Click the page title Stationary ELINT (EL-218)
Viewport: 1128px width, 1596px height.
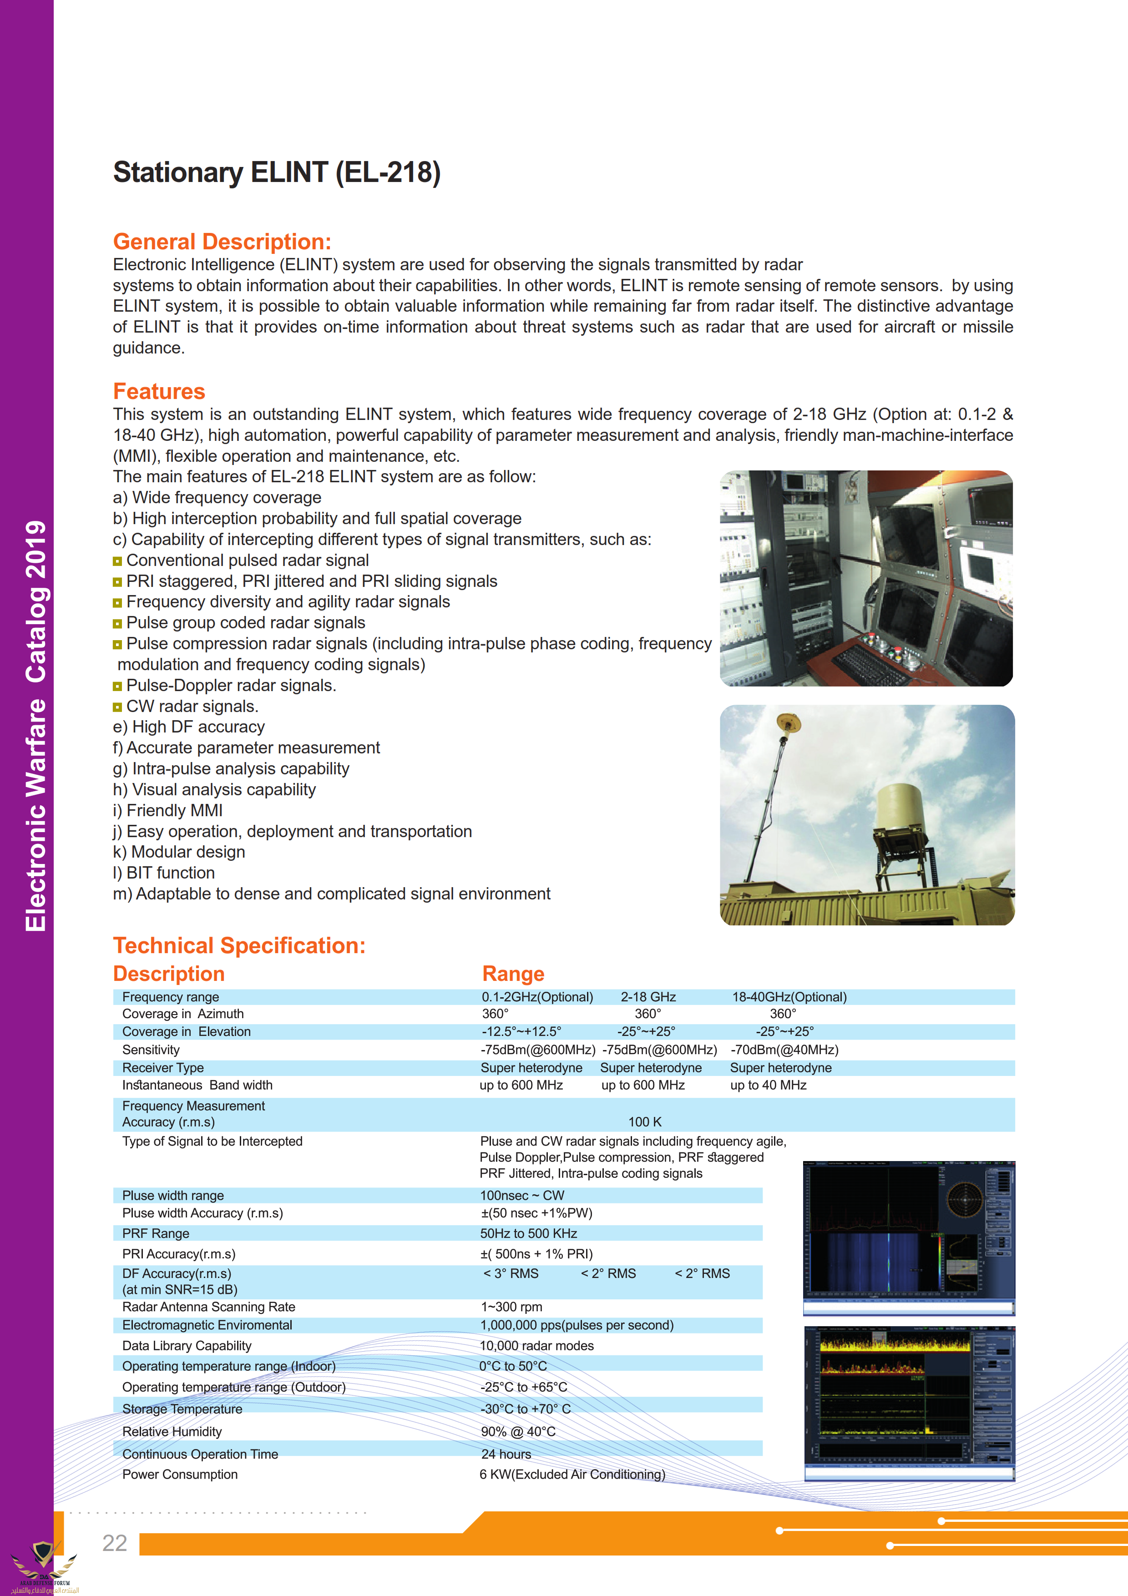[x=277, y=172]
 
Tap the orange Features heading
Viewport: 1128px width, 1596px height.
[x=159, y=391]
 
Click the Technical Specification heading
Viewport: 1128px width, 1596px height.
[x=239, y=945]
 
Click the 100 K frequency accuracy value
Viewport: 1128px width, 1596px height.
[x=644, y=1122]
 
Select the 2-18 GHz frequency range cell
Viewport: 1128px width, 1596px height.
[x=648, y=997]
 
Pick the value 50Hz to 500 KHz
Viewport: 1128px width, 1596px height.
[x=528, y=1233]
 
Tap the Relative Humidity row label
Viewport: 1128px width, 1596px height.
[x=172, y=1431]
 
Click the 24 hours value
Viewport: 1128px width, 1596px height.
[x=506, y=1454]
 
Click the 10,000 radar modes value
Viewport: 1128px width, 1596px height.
[x=536, y=1346]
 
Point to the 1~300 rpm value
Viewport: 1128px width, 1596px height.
[x=511, y=1307]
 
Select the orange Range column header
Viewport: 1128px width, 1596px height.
[x=513, y=974]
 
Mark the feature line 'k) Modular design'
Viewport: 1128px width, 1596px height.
[x=179, y=852]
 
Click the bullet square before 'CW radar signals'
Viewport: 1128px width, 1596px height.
[x=117, y=707]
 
